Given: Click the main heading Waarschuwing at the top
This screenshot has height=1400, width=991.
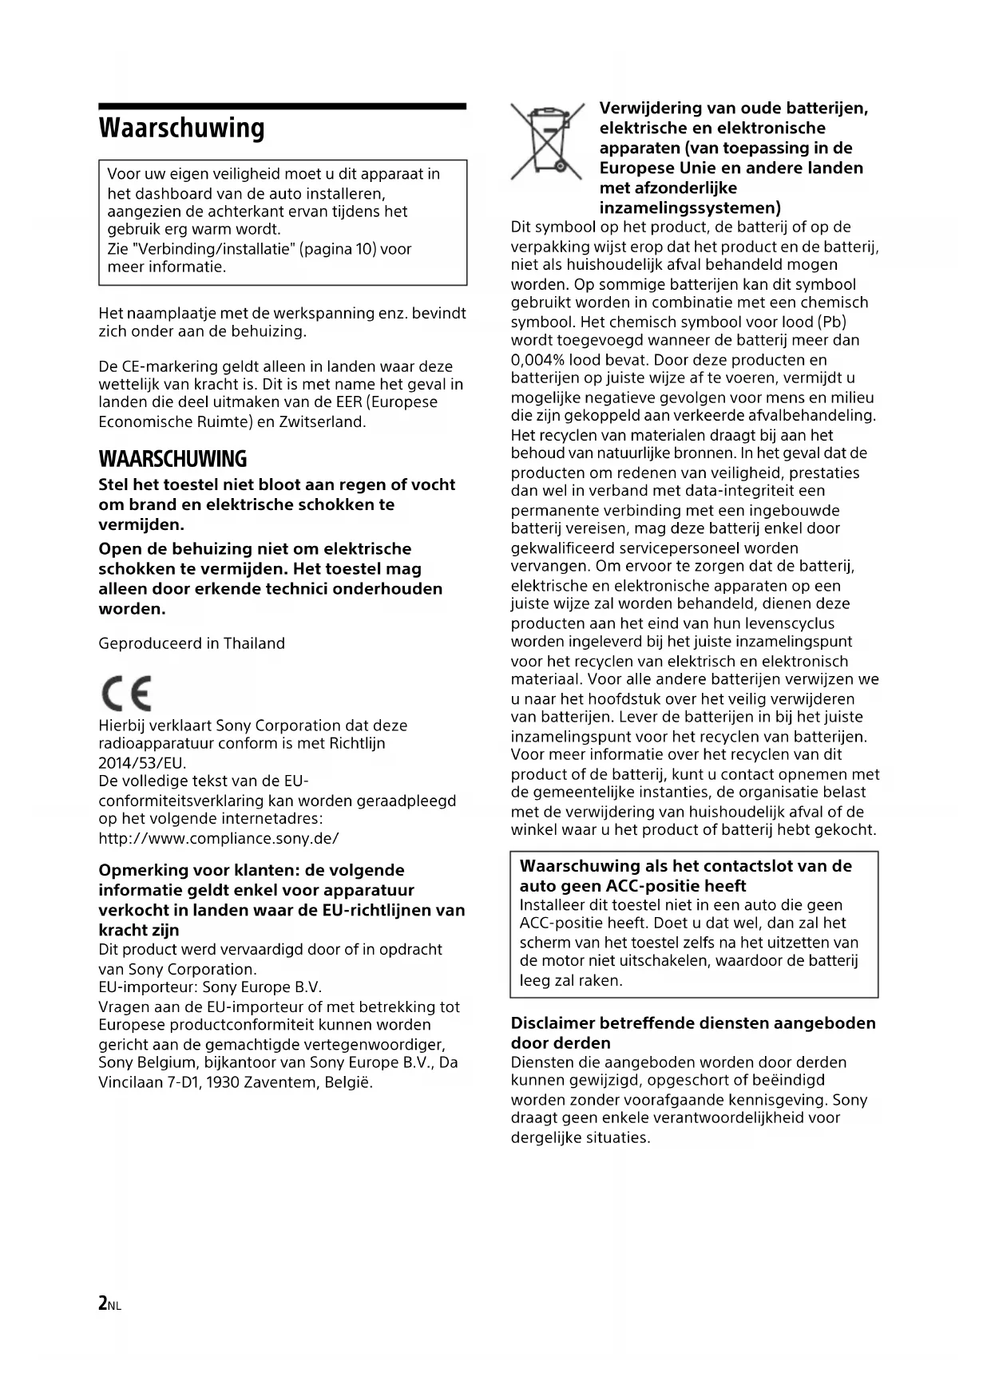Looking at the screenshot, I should pos(181,128).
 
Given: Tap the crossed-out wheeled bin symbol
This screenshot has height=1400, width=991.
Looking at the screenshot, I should pos(546,141).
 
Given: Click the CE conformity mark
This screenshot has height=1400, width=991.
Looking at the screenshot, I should pos(125,693).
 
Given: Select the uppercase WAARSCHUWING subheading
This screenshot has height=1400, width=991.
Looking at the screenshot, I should pos(172,459).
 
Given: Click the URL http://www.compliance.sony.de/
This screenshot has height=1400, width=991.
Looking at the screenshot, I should pos(219,838).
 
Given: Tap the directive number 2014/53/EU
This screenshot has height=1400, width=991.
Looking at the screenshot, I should pos(142,762).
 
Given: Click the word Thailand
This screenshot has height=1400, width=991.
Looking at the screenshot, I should pos(254,643).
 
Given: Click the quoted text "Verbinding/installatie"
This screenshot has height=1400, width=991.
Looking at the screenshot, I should pos(200,249).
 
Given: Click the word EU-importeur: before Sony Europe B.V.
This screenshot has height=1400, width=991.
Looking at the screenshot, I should pos(148,987).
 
